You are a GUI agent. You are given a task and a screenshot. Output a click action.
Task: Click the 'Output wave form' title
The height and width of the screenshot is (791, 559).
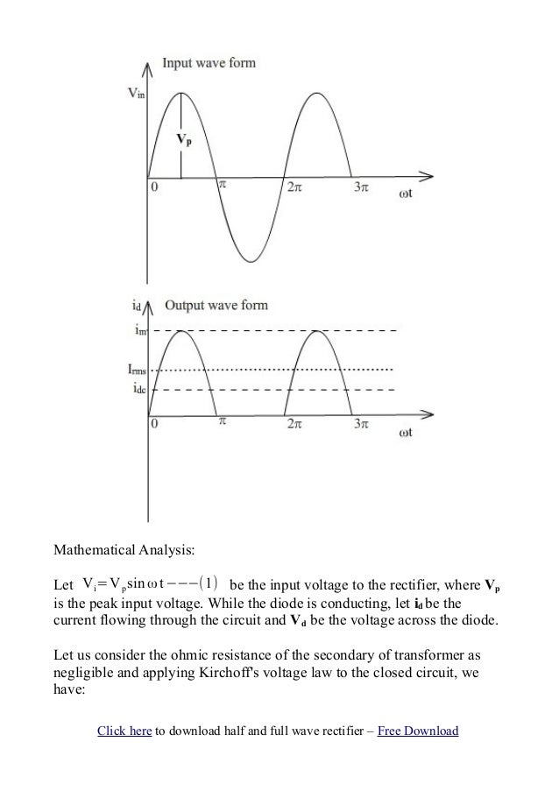point(216,305)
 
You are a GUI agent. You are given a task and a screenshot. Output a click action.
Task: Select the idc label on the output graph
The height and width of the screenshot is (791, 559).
point(134,388)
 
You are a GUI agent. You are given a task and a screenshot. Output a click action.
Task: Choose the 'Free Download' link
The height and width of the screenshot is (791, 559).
point(417,730)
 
